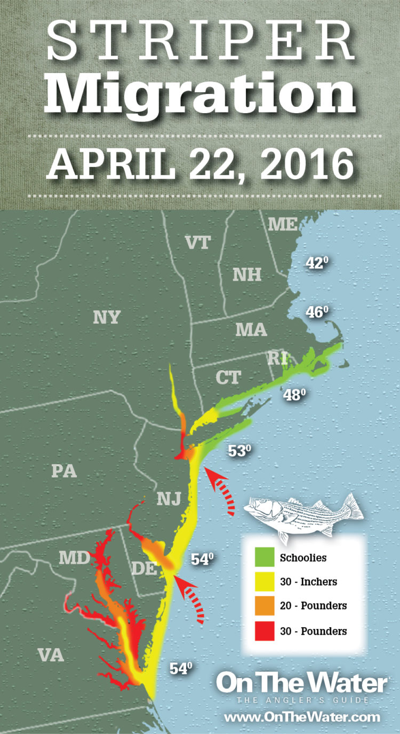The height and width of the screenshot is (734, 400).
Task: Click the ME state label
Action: coord(283,225)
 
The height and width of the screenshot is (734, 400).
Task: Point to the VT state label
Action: coord(198,243)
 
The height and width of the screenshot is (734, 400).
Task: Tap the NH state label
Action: coord(247,275)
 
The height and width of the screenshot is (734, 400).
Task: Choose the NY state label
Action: coord(106,317)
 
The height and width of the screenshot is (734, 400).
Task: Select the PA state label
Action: coord(64,472)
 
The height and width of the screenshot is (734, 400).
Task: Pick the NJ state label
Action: coord(169,499)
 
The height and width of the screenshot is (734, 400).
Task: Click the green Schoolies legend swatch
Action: coord(262,559)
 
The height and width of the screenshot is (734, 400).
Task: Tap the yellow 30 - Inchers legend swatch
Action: coord(262,582)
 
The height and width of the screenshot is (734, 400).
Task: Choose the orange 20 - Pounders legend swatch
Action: coord(262,606)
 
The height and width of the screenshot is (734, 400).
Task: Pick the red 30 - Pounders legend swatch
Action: coord(262,631)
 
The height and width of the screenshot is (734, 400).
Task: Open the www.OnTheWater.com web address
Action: coord(302,717)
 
